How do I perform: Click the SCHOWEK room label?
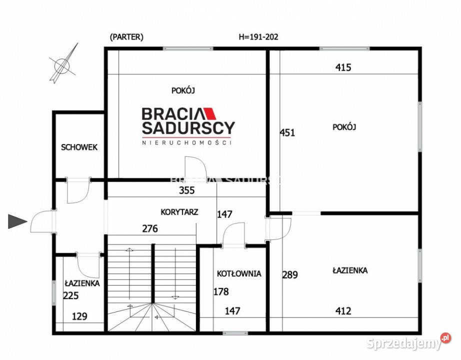point(79,147)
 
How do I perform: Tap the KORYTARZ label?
point(179,211)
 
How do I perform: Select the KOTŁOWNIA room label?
point(239,273)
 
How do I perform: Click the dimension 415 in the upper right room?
point(343,67)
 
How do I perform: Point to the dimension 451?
point(287,132)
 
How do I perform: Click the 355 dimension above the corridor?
point(186,190)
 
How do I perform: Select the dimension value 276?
point(150,229)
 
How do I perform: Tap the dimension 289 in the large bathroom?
point(290,274)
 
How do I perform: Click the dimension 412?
point(343,311)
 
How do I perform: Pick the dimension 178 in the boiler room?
point(221,291)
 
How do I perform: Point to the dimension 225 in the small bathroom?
point(71,295)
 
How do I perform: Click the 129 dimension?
point(79,316)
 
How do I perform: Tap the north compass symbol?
point(64,63)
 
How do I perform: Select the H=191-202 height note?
point(258,36)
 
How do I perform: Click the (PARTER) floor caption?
point(126,36)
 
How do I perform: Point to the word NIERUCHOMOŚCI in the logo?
point(187,142)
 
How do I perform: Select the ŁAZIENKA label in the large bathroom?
point(350,270)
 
